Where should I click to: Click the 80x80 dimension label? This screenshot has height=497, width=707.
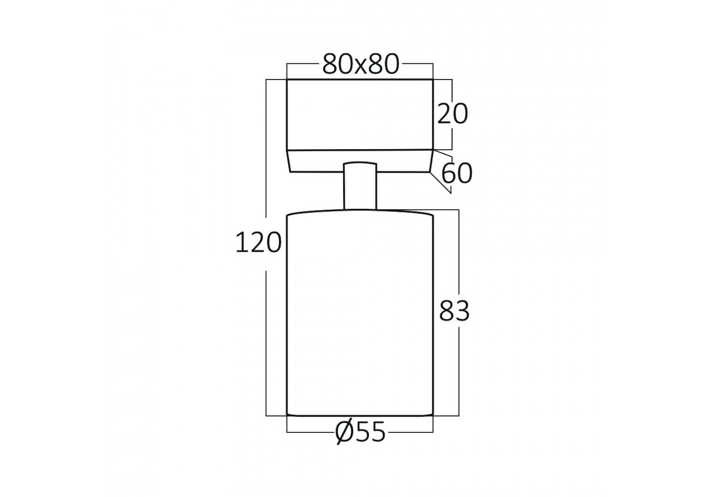point(360,65)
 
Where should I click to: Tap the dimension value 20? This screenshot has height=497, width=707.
point(452,114)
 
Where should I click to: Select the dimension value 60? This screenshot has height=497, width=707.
point(457,174)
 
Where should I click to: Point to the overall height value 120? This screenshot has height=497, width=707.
point(258,243)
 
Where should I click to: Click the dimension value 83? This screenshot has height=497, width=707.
point(454,312)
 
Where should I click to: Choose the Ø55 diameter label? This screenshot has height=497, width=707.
point(360,433)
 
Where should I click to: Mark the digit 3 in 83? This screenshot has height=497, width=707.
point(462,312)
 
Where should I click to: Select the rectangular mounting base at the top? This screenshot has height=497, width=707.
point(360,114)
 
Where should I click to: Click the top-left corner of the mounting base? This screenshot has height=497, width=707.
point(287,80)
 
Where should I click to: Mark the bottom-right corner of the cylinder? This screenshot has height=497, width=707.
point(432,415)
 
